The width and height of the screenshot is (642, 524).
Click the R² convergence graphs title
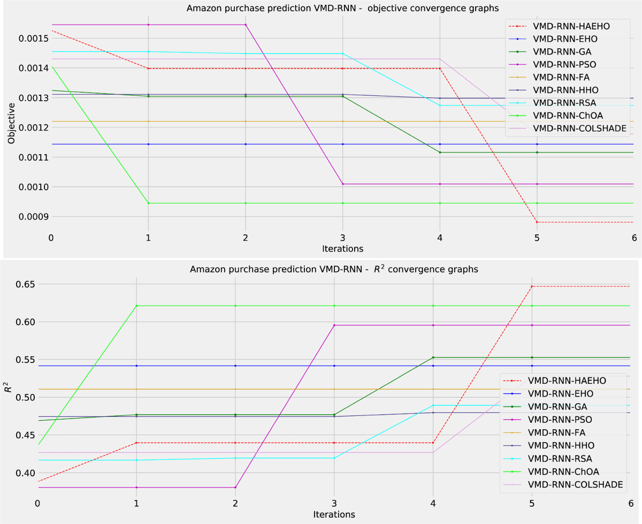334,270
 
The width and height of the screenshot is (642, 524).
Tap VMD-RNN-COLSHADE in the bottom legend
576,484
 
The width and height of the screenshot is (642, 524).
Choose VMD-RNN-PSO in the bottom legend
560,420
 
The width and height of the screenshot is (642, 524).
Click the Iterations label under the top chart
342,249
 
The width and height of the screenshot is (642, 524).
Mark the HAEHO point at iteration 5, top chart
537,222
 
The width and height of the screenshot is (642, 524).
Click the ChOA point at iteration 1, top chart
148,203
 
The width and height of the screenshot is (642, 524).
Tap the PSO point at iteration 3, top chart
342,184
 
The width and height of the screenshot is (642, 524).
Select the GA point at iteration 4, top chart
440,153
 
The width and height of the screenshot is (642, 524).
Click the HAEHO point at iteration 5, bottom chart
532,286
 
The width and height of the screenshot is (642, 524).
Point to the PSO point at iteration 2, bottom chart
235,488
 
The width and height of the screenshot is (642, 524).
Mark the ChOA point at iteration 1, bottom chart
136,306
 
